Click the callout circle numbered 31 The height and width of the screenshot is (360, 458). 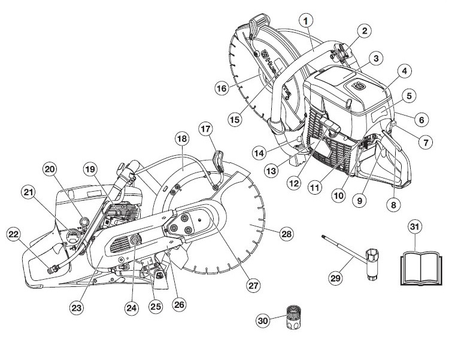[414, 227]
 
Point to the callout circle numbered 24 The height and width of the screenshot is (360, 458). [132, 308]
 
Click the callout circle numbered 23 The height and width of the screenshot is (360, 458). [75, 308]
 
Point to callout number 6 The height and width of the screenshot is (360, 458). [422, 120]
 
